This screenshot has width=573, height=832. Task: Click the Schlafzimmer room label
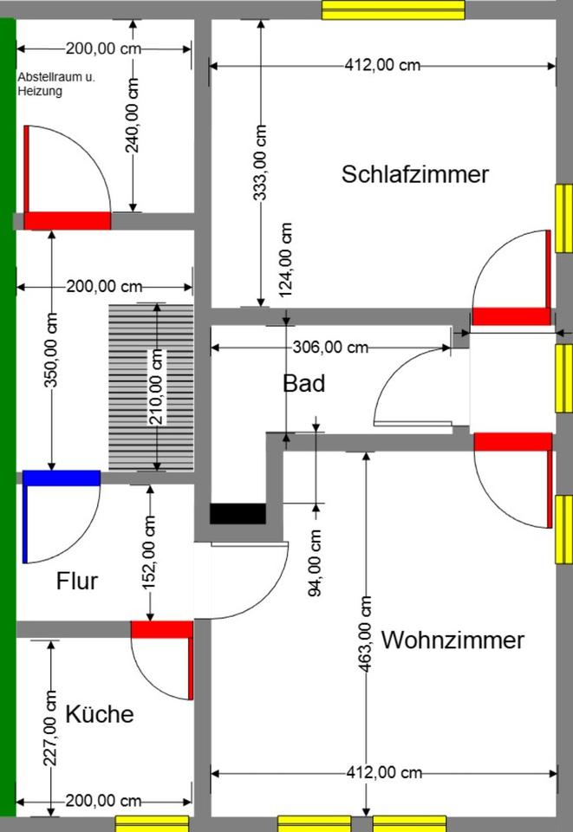(415, 174)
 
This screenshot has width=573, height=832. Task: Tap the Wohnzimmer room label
(453, 640)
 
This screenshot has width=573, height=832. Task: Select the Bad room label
(304, 382)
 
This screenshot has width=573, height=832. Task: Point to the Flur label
(77, 581)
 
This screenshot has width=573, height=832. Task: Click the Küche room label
(100, 714)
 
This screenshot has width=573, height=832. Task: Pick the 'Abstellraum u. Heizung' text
(56, 84)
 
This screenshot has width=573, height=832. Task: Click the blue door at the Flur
(61, 477)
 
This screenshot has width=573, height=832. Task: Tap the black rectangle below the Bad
(238, 513)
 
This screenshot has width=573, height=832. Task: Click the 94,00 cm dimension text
(315, 563)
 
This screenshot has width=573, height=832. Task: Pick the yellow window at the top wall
(394, 10)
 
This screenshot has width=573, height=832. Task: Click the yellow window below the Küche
(152, 822)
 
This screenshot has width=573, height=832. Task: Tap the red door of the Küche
(161, 629)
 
